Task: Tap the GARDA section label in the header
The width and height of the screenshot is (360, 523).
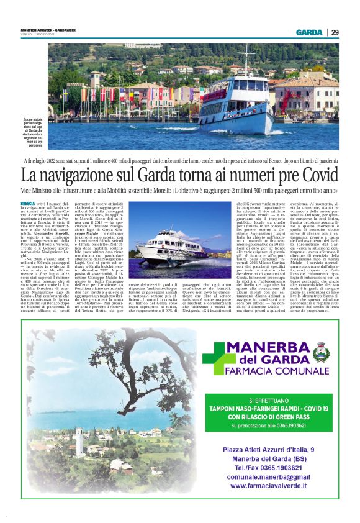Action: [x=308, y=32]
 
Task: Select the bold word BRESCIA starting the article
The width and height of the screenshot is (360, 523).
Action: [x=27, y=204]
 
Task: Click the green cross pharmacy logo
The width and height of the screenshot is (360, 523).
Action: [x=219, y=358]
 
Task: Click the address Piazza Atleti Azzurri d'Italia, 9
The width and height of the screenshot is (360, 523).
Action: [x=268, y=449]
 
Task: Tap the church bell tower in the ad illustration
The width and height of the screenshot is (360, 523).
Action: [x=79, y=442]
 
